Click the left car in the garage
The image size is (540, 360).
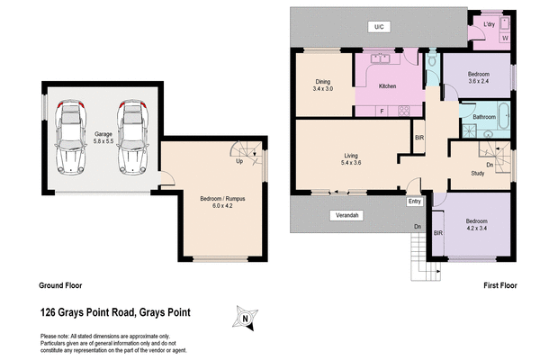point(69,137)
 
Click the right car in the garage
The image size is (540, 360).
point(132,137)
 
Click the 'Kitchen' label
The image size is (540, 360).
point(388,86)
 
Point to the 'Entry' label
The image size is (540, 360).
point(414,202)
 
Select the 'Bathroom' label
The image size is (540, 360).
point(485,117)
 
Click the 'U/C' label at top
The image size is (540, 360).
point(379,27)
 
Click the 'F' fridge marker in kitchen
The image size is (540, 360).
point(382,110)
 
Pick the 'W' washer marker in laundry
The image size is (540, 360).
point(504,38)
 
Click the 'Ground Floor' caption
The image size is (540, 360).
point(60,285)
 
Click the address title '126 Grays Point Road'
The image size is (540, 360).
point(128,313)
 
